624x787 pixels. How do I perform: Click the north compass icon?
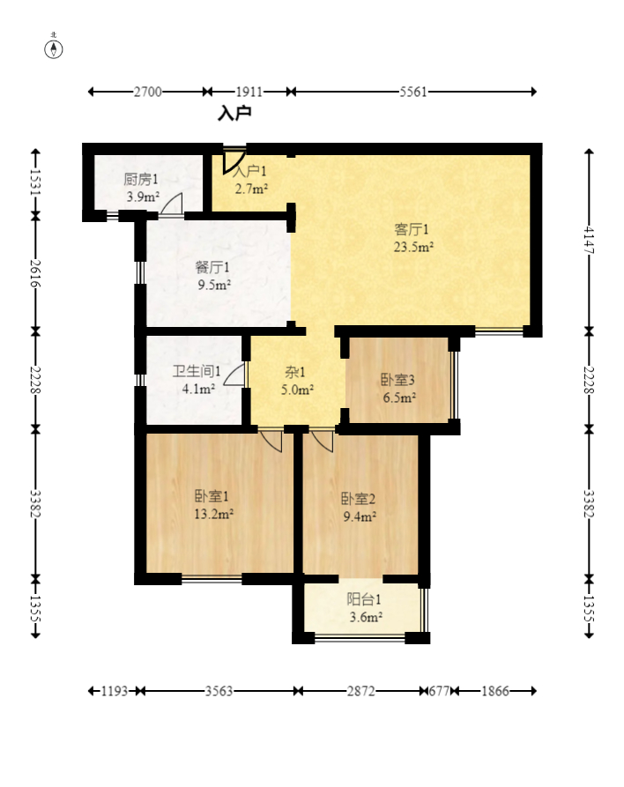pos(54,48)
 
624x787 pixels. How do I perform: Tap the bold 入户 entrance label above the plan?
pos(234,114)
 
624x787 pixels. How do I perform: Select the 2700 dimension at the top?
pos(147,92)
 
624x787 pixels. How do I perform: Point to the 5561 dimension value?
pos(413,92)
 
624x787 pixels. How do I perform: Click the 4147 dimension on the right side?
pos(589,240)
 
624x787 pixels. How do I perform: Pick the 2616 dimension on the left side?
pos(35,273)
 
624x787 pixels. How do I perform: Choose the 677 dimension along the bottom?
pos(439,691)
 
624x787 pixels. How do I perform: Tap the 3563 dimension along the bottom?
pos(219,691)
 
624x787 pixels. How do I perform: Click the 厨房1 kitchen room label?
pos(141,179)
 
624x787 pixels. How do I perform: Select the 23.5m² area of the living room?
pos(413,247)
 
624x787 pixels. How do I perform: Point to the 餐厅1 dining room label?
pos(212,267)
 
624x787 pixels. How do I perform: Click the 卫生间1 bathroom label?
pos(197,371)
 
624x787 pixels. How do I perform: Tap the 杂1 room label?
pos(295,373)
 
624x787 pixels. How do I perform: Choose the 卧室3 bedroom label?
pos(397,380)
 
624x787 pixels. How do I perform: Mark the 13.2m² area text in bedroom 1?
pos(214,514)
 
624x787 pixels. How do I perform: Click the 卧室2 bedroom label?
pos(359,499)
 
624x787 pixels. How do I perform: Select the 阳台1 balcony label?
pos(364,599)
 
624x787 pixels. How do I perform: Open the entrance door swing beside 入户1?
pos(234,160)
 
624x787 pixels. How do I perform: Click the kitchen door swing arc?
pos(172,204)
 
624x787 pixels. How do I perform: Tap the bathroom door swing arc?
pos(235,375)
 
